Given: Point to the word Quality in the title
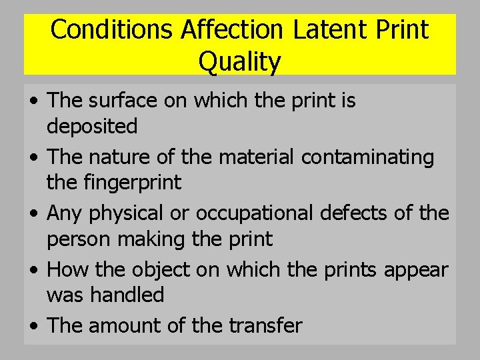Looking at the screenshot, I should (240, 62).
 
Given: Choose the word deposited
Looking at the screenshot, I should (92, 126).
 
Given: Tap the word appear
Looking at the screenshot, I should (425, 269).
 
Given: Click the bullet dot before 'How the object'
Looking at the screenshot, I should (33, 271).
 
